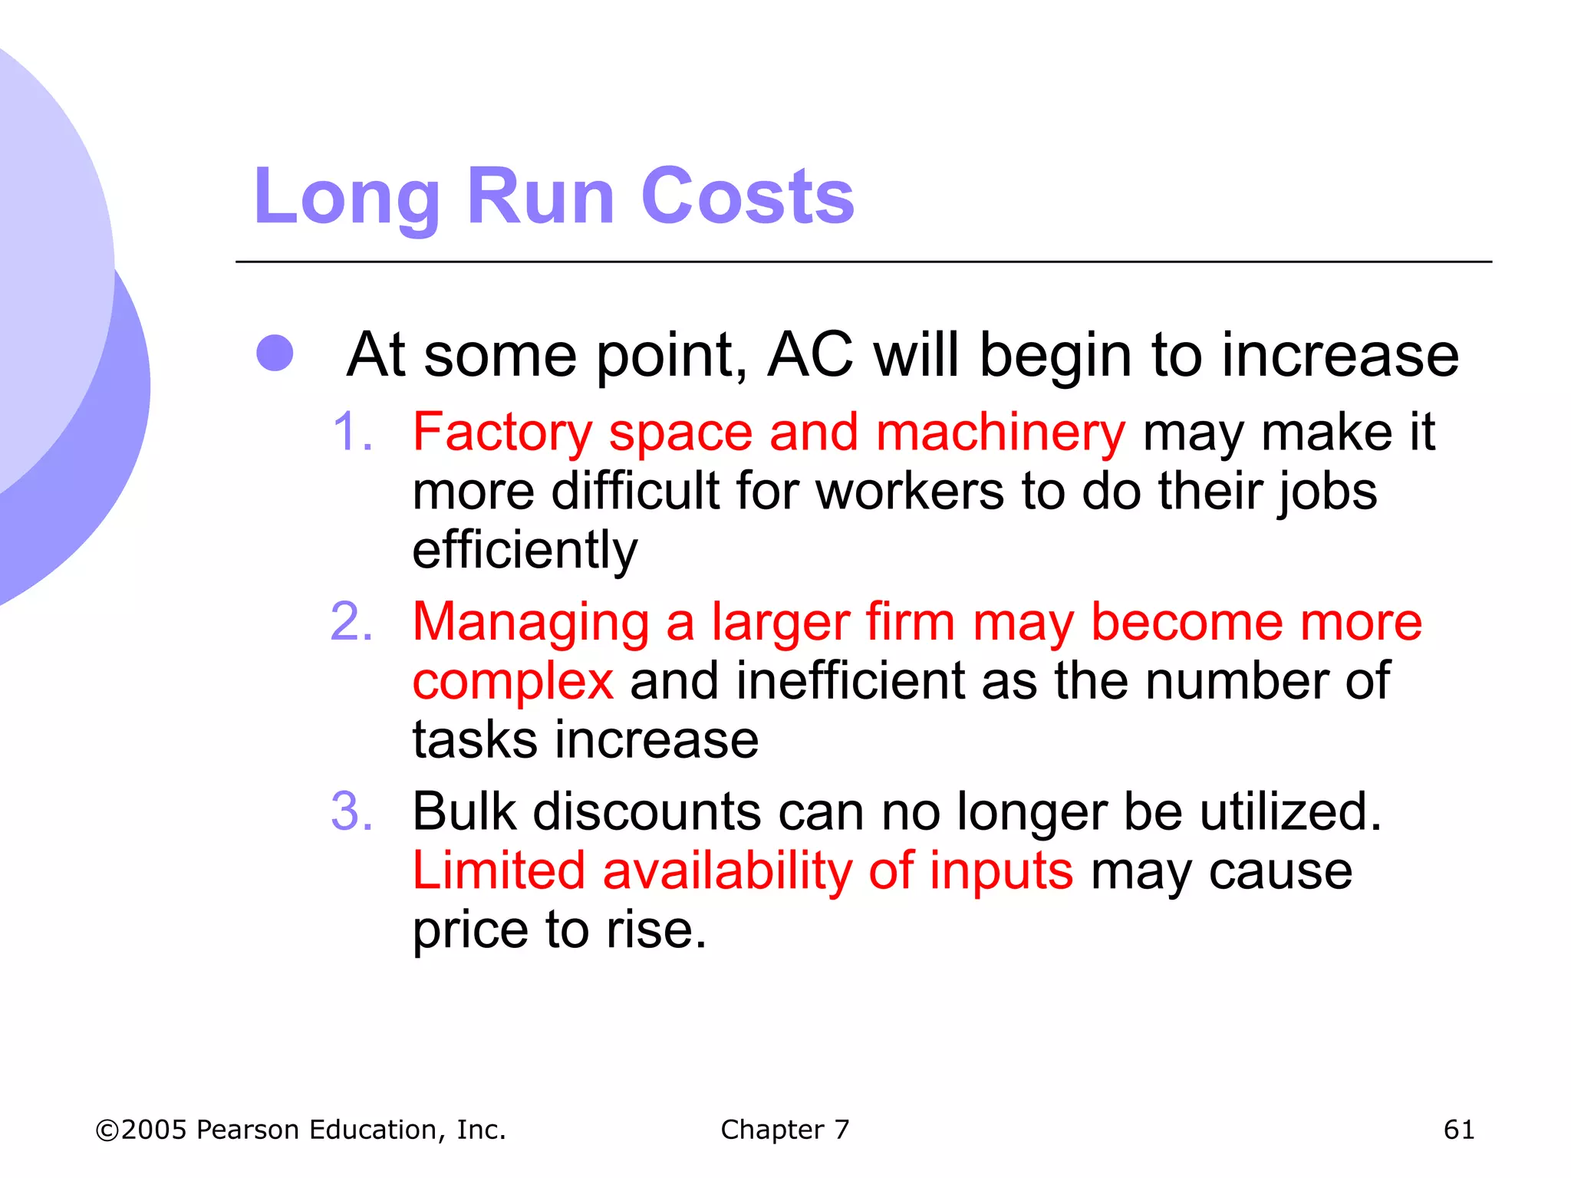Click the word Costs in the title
pyautogui.click(x=747, y=197)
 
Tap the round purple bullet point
pyautogui.click(x=275, y=354)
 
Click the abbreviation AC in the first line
pyautogui.click(x=810, y=355)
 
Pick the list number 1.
pyautogui.click(x=353, y=432)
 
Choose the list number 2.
pyautogui.click(x=352, y=621)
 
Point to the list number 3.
pyautogui.click(x=352, y=811)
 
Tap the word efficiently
pyautogui.click(x=525, y=551)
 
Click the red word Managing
pyautogui.click(x=531, y=623)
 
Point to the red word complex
pyautogui.click(x=512, y=681)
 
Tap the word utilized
pyautogui.click(x=1290, y=811)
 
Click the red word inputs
pyautogui.click(x=1001, y=872)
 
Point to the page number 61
pyautogui.click(x=1458, y=1130)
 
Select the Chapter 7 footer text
pyautogui.click(x=785, y=1130)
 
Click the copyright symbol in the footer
pyautogui.click(x=107, y=1130)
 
